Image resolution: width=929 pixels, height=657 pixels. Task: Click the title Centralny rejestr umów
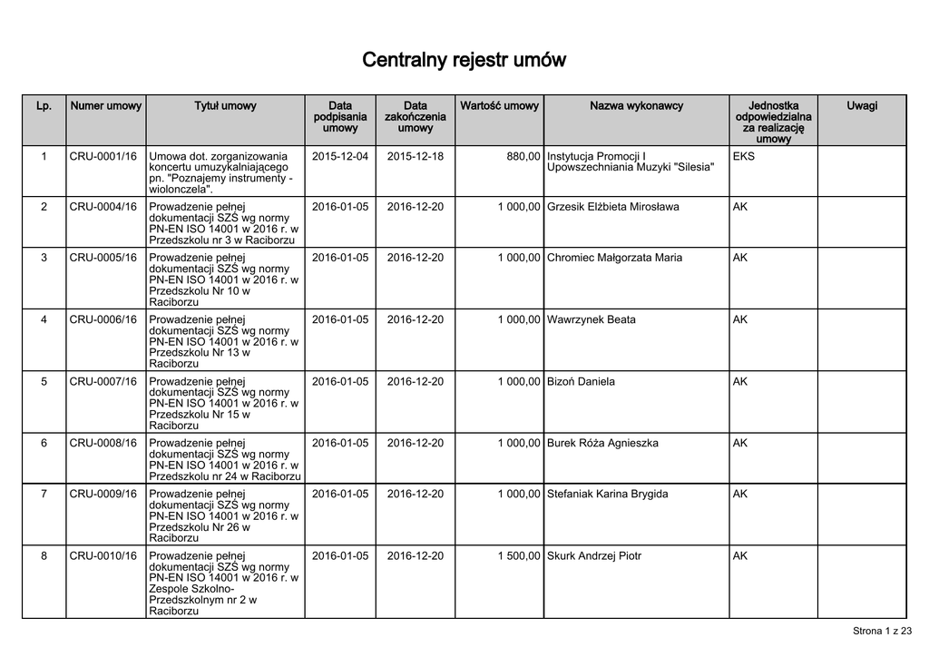pos(464,61)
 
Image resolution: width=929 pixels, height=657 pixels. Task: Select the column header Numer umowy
pos(105,106)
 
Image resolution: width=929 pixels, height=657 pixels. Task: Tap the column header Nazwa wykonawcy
pos(636,106)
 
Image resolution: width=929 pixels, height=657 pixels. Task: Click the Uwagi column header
pos(862,106)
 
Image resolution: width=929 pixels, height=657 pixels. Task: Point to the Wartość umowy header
pos(499,106)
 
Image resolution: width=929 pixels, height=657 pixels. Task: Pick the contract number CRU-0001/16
pos(103,156)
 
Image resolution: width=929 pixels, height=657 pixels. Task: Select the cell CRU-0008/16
pos(103,443)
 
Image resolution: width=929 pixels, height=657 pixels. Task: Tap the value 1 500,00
pos(519,555)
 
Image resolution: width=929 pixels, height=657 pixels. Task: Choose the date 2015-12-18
pos(416,156)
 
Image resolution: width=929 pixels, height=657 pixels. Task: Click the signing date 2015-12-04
pos(340,156)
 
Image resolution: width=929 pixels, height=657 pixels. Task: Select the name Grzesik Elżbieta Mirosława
pos(612,207)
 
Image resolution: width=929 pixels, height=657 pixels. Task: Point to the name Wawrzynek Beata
pos(591,319)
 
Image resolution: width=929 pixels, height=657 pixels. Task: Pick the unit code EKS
pos(743,156)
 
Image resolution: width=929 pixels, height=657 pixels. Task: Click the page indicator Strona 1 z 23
pos(883,631)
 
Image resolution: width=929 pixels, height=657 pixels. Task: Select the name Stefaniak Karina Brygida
pos(607,494)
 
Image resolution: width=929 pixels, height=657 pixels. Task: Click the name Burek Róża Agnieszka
pos(602,443)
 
